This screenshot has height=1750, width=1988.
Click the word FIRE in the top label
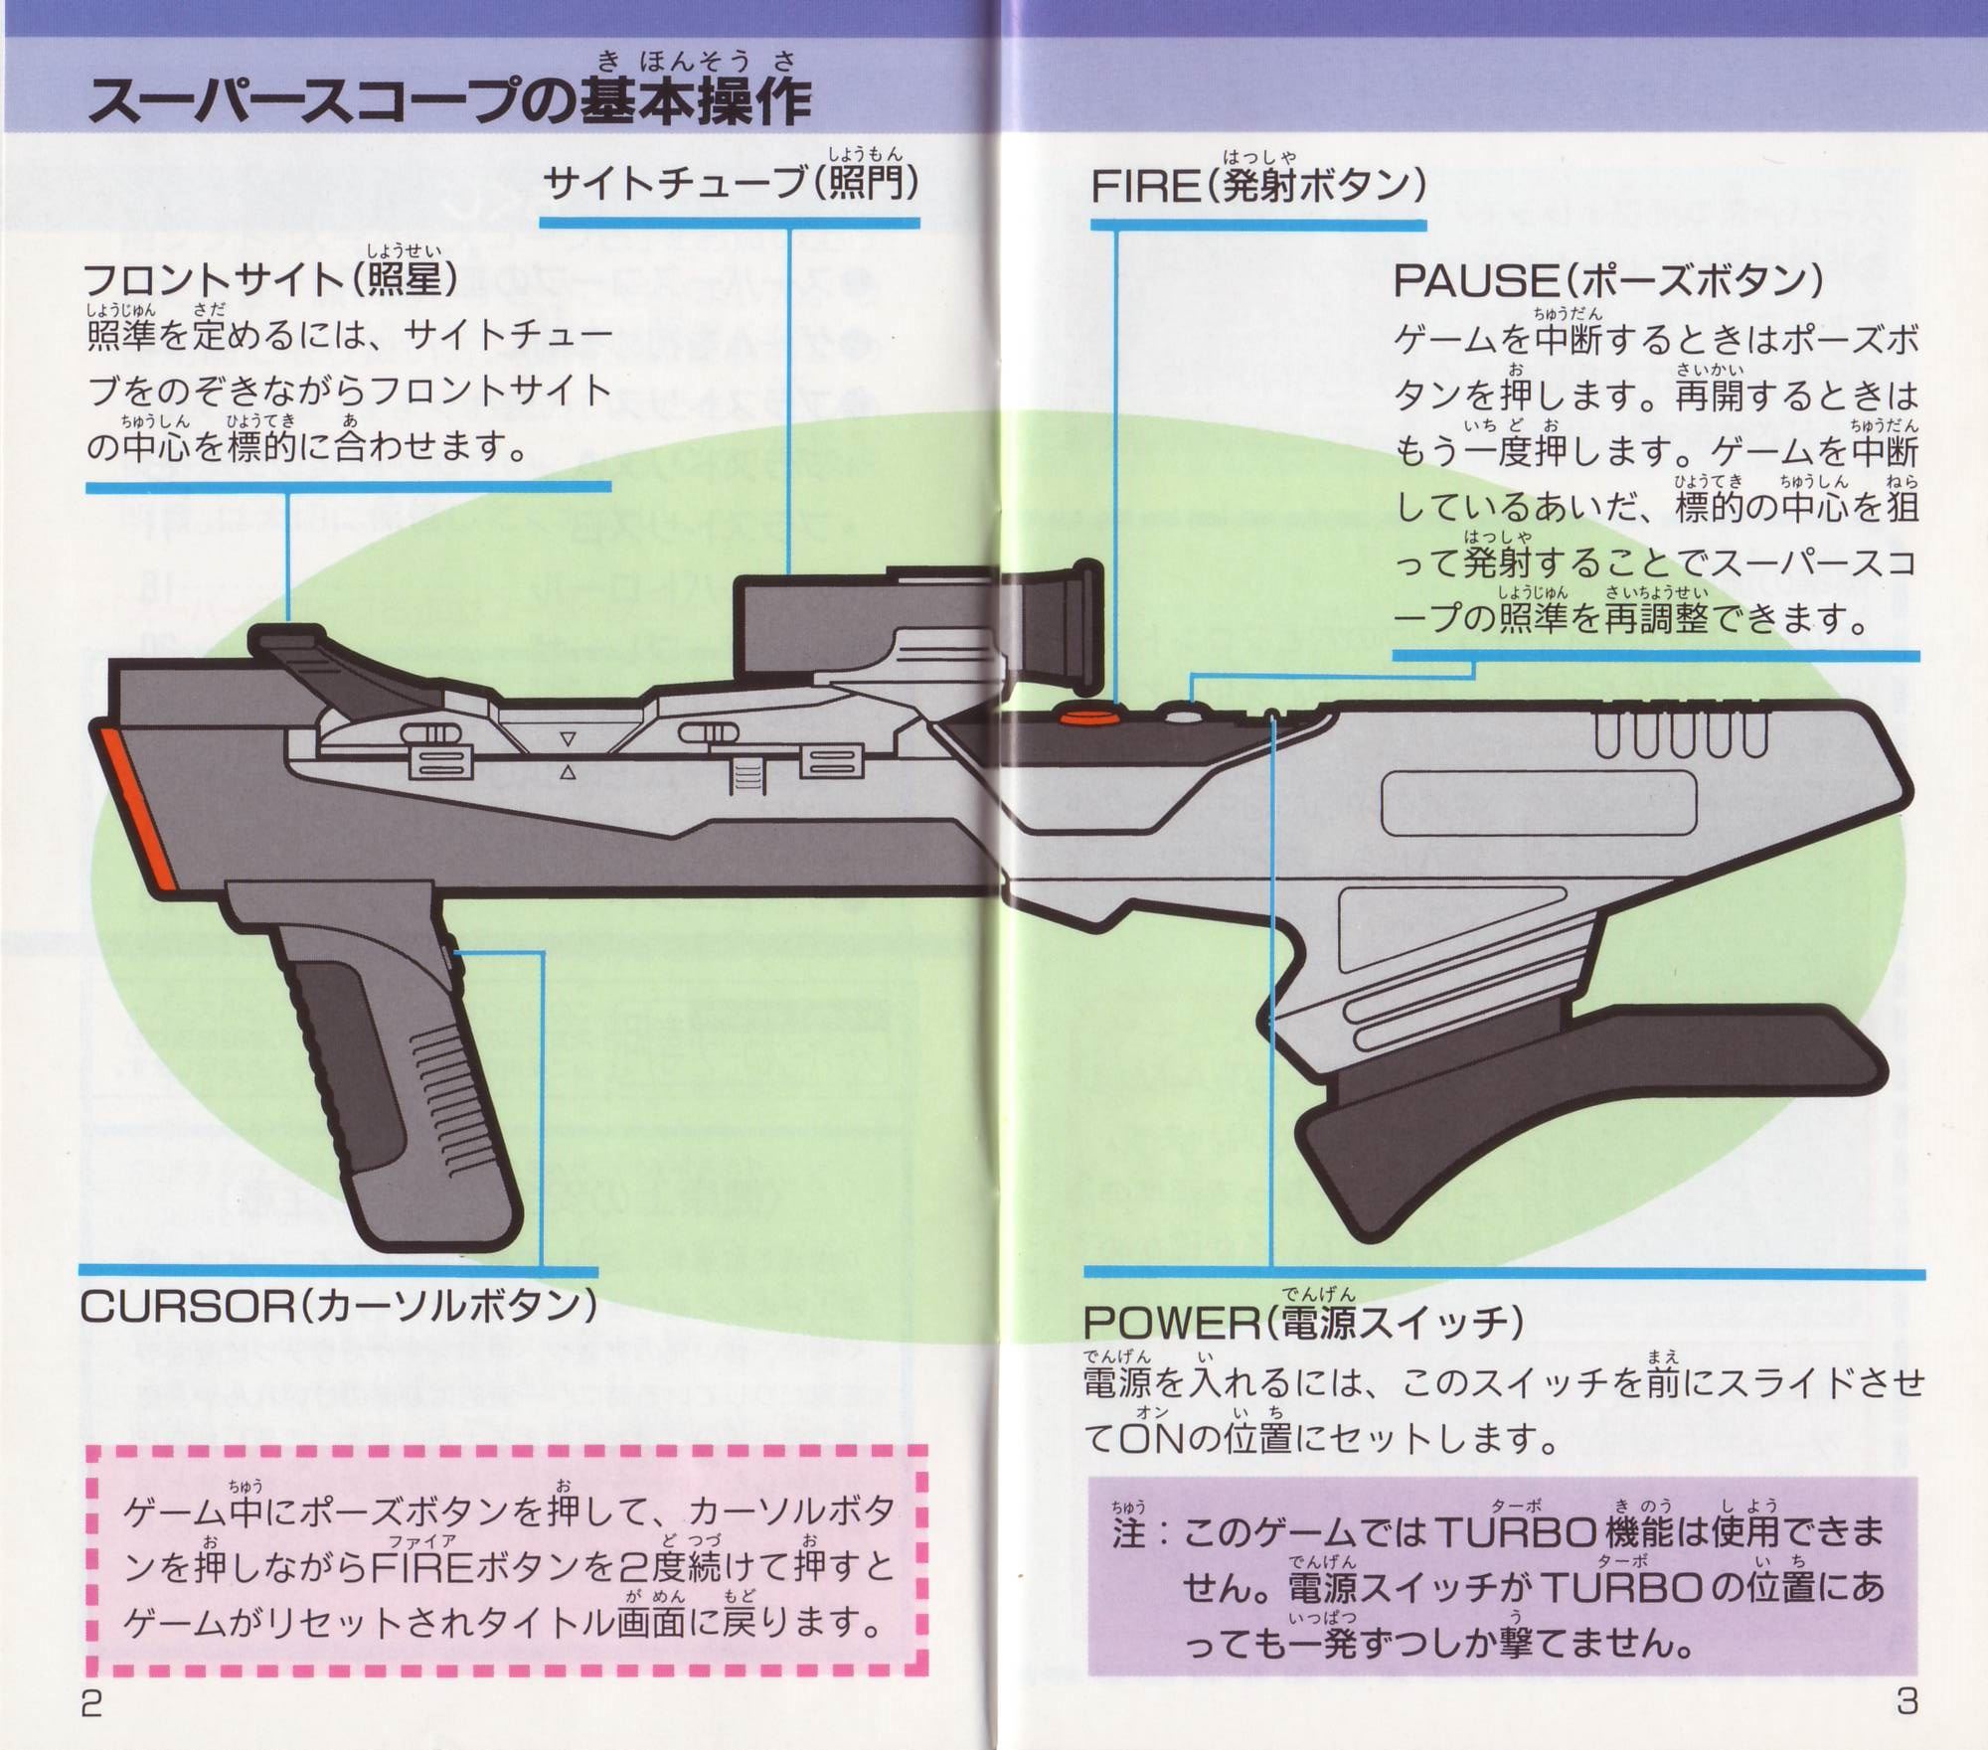tap(1145, 186)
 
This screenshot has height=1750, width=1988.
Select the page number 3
tap(1906, 1701)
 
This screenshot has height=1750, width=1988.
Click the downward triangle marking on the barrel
tap(568, 739)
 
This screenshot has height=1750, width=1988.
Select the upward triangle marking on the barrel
tap(568, 773)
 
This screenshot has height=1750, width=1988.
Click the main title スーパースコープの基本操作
tap(449, 102)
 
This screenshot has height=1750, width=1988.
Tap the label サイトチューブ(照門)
tap(731, 183)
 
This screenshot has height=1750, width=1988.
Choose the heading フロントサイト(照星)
tap(270, 279)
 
